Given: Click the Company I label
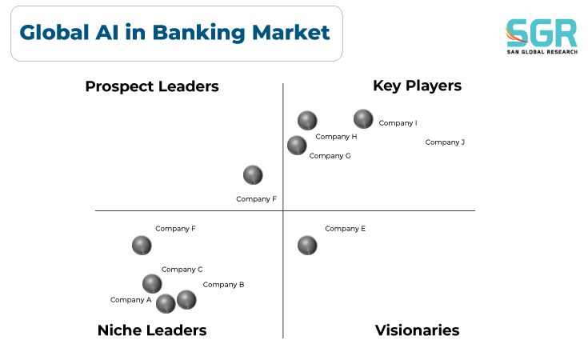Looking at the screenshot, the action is click(398, 123).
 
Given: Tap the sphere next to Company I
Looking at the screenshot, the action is click(363, 119).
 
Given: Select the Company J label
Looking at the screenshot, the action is click(445, 142).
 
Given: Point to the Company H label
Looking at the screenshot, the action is click(336, 137).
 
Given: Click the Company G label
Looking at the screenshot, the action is click(330, 156).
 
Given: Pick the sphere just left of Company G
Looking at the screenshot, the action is click(297, 146).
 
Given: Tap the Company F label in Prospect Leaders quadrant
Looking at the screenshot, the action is click(256, 198).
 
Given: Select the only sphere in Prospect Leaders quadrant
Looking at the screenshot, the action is click(253, 175).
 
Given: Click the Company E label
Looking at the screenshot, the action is click(345, 228).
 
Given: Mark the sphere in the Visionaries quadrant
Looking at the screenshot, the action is click(307, 246).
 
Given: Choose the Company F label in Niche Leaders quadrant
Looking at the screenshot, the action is click(175, 228).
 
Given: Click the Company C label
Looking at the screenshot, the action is click(182, 270).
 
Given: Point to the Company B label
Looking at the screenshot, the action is click(223, 285).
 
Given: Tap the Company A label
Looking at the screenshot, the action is click(131, 300).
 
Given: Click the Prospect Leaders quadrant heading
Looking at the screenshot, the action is click(152, 86).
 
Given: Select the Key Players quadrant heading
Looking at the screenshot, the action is click(417, 86).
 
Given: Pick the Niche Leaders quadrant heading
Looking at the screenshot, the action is click(152, 330).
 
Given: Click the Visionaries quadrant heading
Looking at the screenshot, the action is click(417, 330).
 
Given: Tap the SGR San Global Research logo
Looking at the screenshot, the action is click(542, 36).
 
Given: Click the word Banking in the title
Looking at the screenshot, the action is click(198, 33).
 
